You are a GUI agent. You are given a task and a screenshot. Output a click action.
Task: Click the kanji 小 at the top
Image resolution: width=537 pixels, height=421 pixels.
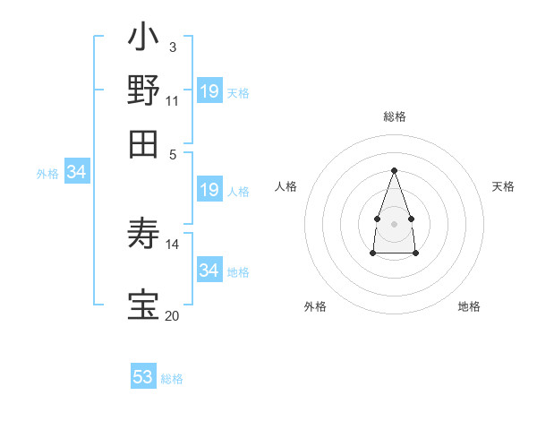pyautogui.click(x=143, y=39)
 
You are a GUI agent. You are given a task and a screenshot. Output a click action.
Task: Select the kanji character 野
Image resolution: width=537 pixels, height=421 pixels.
pyautogui.click(x=143, y=90)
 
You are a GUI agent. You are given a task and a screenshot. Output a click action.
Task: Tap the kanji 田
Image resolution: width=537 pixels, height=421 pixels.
pyautogui.click(x=143, y=143)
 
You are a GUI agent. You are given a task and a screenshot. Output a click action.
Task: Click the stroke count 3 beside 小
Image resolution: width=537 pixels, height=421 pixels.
pyautogui.click(x=172, y=46)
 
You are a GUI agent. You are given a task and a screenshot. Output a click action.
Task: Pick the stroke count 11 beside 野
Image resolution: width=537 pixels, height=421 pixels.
pyautogui.click(x=172, y=99)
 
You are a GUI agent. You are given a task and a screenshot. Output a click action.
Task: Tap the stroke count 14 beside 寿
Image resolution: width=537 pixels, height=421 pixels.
pyautogui.click(x=172, y=244)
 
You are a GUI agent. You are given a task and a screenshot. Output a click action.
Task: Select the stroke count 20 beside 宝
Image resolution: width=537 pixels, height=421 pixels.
pyautogui.click(x=172, y=314)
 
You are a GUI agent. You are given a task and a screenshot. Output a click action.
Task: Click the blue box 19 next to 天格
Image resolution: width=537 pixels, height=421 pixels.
pyautogui.click(x=209, y=91)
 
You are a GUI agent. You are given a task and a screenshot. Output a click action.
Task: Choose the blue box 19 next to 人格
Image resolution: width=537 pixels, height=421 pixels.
pyautogui.click(x=209, y=190)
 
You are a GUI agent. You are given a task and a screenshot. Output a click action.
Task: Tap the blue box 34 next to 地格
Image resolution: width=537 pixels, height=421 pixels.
pyautogui.click(x=209, y=270)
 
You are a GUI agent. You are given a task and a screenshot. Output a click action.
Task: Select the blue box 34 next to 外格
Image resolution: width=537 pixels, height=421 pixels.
pyautogui.click(x=76, y=173)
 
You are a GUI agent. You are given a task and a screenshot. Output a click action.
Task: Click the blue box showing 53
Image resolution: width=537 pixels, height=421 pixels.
pyautogui.click(x=143, y=377)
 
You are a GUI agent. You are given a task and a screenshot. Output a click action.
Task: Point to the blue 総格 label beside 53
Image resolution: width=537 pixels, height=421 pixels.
pyautogui.click(x=172, y=379)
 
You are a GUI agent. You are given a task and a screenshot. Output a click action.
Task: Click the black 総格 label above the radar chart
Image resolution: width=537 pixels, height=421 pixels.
pyautogui.click(x=394, y=116)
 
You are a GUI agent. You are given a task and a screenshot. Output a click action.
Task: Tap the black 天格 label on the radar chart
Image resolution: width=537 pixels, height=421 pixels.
pyautogui.click(x=503, y=186)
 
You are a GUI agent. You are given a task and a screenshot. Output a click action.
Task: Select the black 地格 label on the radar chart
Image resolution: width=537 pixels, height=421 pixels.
pyautogui.click(x=469, y=306)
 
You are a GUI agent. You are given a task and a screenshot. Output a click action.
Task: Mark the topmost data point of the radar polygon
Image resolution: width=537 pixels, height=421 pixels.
pyautogui.click(x=394, y=170)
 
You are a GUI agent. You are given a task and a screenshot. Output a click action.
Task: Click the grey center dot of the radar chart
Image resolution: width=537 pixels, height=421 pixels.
pyautogui.click(x=394, y=222)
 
